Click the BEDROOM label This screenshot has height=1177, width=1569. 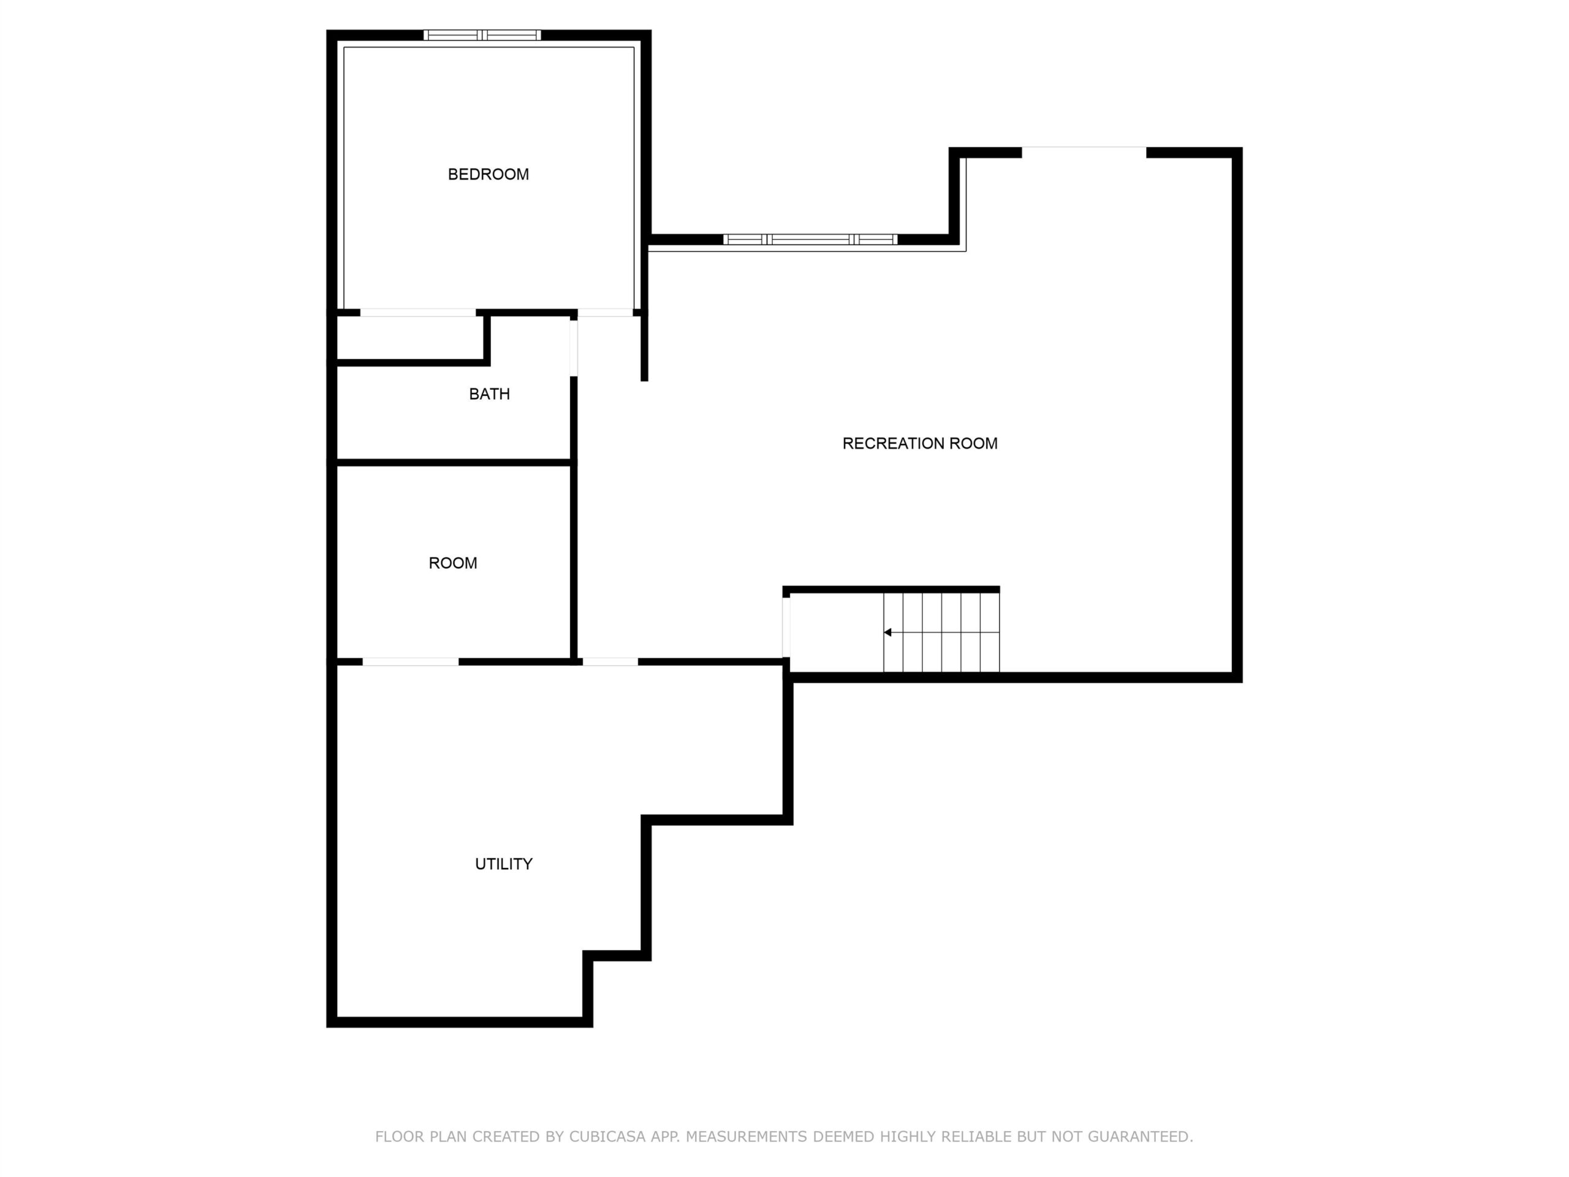pos(488,175)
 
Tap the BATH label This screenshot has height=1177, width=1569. pos(490,394)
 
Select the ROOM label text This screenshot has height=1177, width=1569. pos(452,563)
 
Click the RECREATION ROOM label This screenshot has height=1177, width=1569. pos(920,443)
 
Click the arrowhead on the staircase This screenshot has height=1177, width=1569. pos(887,632)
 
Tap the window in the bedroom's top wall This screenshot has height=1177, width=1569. pos(482,35)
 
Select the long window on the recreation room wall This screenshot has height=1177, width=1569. pos(810,240)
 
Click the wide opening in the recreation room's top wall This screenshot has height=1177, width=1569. pos(1084,153)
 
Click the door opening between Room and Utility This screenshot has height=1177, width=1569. pos(411,662)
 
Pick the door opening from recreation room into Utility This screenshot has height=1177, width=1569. pos(610,662)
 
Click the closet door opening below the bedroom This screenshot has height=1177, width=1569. pos(418,313)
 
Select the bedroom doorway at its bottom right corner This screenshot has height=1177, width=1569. pos(605,313)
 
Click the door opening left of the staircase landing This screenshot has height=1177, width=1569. pos(786,628)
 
